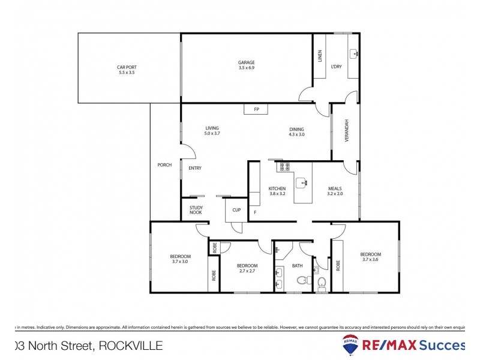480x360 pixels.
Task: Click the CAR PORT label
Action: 127,67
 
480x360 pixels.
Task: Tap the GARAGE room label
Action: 246,62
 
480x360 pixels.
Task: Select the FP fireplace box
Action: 256,109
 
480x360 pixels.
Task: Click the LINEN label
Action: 320,56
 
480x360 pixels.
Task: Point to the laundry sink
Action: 354,53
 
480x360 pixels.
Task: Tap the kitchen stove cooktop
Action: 283,167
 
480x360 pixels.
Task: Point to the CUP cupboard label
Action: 236,209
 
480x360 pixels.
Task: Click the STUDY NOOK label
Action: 196,210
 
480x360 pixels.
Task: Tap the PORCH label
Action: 164,165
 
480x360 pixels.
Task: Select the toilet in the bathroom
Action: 322,281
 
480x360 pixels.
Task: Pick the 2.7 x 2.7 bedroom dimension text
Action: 247,271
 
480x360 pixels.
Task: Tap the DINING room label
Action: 296,129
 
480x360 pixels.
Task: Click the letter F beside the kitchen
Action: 254,212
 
